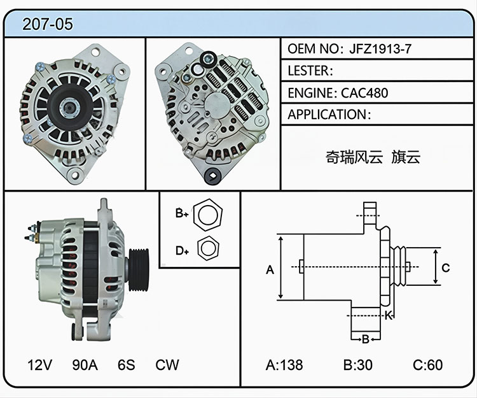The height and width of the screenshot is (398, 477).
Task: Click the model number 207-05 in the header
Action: [x=48, y=24]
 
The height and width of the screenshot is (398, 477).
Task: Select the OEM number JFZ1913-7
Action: [x=380, y=49]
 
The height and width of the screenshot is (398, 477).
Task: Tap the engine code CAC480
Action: [x=364, y=93]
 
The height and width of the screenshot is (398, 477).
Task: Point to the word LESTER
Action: [x=308, y=71]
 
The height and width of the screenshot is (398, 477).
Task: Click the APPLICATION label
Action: [x=327, y=115]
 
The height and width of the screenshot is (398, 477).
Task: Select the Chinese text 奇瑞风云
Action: [x=354, y=157]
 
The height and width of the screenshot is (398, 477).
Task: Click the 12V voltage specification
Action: [x=39, y=365]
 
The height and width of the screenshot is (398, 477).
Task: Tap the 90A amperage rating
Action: [x=85, y=365]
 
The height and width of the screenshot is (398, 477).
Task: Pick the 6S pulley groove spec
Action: [x=127, y=365]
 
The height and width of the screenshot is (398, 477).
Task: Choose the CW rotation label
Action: [x=167, y=365]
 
